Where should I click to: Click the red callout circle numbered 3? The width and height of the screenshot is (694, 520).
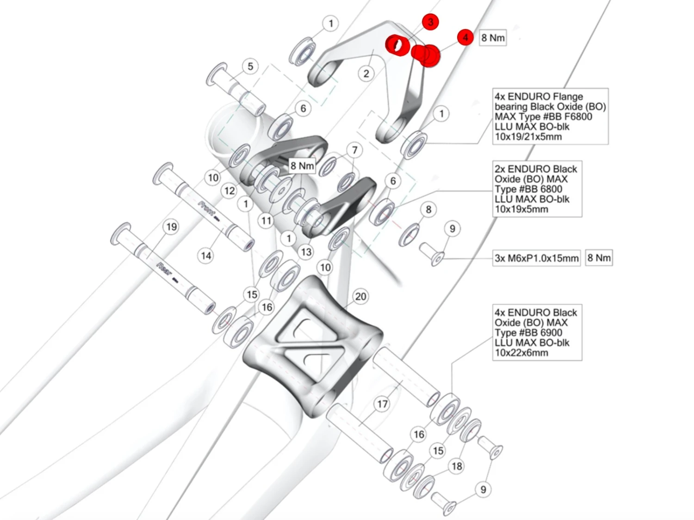point(430,22)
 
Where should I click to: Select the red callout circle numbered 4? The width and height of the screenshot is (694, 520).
point(465,37)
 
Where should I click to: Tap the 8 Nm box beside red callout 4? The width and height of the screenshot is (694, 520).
point(493,38)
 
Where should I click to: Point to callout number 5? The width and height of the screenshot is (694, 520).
point(250,66)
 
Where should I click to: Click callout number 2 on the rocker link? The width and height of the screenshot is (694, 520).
point(366,73)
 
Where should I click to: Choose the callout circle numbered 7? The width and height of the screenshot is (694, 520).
point(355,150)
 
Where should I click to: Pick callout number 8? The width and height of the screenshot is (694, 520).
point(428,209)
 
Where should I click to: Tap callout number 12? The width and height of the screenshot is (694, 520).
point(229,190)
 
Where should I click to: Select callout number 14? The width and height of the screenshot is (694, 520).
point(206,255)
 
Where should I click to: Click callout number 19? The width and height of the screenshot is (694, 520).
point(171,226)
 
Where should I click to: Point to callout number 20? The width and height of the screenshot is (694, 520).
point(360,296)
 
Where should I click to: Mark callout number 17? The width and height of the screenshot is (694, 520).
point(382,404)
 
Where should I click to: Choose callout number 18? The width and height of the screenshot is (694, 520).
point(457,466)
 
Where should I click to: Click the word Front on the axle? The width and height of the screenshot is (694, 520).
point(206,208)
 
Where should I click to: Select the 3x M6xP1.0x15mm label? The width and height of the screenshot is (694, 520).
point(537,258)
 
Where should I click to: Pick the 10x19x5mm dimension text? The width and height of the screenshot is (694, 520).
point(521,209)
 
